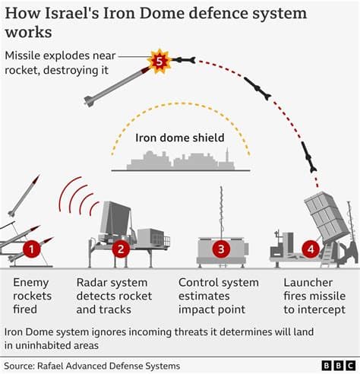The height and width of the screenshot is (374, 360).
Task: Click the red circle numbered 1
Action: pos(31,248)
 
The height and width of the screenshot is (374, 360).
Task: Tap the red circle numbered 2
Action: pos(119,248)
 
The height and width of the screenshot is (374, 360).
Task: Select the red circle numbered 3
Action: pos(221,248)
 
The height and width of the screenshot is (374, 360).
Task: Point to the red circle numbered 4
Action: pos(309,248)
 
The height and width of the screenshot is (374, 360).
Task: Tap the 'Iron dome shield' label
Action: pos(180,138)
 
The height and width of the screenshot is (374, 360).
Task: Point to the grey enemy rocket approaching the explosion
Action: pos(114,85)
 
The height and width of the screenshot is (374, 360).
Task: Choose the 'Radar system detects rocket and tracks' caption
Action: pos(114,296)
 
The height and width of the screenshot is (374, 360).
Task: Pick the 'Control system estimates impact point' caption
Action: pos(212,296)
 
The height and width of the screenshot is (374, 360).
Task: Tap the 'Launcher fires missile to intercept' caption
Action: pos(311,296)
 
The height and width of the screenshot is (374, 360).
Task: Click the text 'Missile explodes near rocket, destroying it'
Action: pos(61,63)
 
